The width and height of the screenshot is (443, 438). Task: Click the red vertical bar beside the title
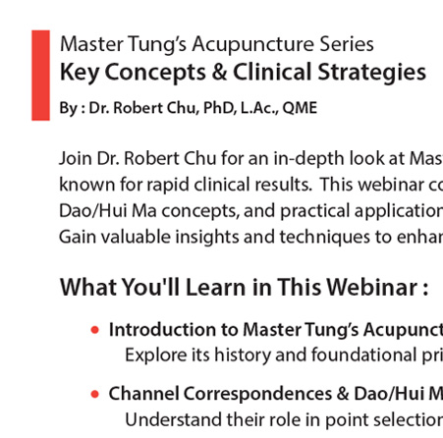pyautogui.click(x=40, y=76)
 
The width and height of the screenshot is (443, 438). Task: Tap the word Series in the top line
pyautogui.click(x=347, y=44)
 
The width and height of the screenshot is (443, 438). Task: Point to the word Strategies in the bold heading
pyautogui.click(x=372, y=73)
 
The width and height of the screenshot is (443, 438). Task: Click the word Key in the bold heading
pyautogui.click(x=80, y=73)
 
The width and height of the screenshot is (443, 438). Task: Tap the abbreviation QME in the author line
pyautogui.click(x=300, y=108)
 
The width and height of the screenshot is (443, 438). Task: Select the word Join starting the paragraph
pyautogui.click(x=76, y=158)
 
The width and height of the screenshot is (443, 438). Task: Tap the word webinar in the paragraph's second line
pyautogui.click(x=391, y=185)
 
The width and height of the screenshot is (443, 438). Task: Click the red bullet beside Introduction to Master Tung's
pyautogui.click(x=95, y=330)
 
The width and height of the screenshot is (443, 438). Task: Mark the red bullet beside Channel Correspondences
pyautogui.click(x=95, y=394)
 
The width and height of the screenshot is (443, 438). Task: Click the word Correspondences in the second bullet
pyautogui.click(x=257, y=394)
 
